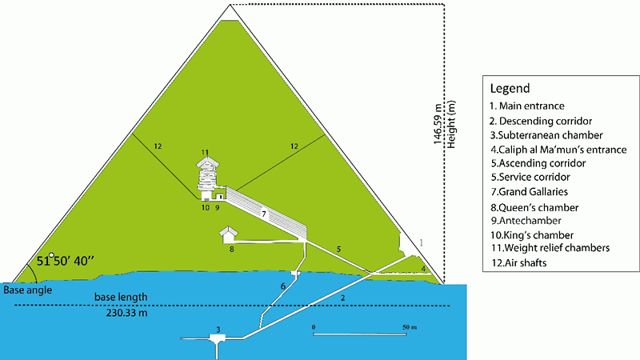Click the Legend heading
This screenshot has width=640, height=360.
tap(510, 89)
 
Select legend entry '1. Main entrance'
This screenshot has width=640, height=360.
tap(527, 106)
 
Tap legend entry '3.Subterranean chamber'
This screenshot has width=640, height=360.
tap(546, 135)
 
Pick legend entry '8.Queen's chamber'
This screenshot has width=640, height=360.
tap(534, 207)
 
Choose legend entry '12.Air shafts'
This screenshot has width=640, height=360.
tap(518, 263)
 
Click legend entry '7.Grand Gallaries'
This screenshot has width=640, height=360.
tap(529, 191)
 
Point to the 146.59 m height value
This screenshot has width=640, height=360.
tap(438, 124)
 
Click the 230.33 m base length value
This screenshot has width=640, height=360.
tap(127, 313)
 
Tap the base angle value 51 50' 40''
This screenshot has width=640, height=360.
tap(66, 261)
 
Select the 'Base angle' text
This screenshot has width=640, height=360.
tap(28, 290)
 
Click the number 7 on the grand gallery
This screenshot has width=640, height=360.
tap(264, 214)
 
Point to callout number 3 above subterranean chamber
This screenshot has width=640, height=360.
tap(218, 330)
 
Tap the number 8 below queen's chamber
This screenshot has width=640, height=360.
tap(231, 249)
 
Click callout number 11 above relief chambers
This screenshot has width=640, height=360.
tap(205, 152)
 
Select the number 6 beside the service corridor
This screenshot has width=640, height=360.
tap(283, 286)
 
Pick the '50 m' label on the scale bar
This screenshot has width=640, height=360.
tap(410, 327)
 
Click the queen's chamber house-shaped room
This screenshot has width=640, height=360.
tap(228, 234)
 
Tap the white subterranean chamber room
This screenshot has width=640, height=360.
tap(217, 338)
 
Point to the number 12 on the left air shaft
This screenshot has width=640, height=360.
tap(158, 146)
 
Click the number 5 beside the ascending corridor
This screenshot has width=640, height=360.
tap(338, 250)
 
